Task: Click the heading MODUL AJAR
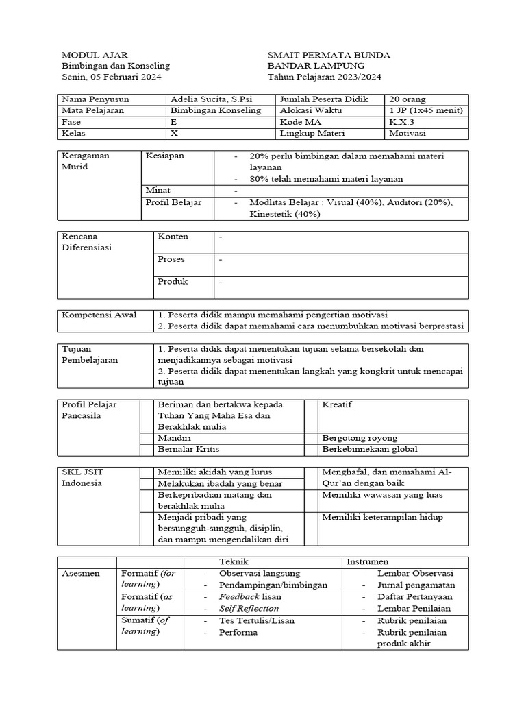[x=95, y=55]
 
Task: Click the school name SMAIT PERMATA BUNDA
[x=329, y=55]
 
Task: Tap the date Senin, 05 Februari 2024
[x=112, y=77]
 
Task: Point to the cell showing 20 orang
[x=408, y=99]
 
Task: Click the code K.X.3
[x=401, y=121]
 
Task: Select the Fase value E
[x=173, y=121]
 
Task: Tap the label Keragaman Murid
[x=86, y=161]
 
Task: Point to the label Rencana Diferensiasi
[x=87, y=242]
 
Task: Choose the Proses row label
[x=171, y=260]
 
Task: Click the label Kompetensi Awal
[x=99, y=315]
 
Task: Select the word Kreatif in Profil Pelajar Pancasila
[x=337, y=404]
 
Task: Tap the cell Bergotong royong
[x=360, y=437]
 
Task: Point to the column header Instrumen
[x=368, y=561]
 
